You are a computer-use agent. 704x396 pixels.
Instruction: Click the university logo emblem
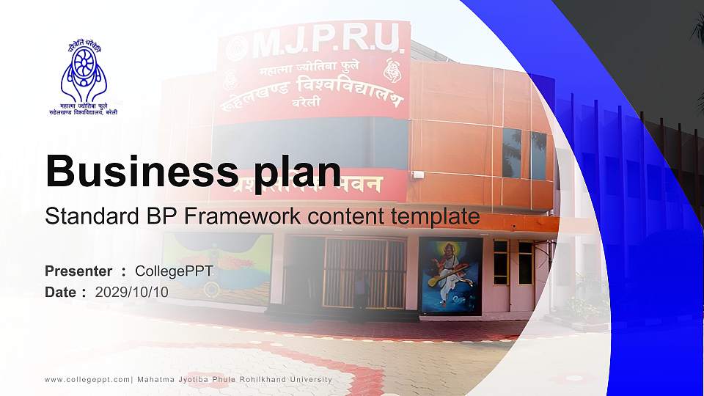[83, 70]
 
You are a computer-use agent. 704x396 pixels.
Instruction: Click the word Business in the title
[139, 172]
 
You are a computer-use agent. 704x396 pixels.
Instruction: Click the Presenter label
[78, 271]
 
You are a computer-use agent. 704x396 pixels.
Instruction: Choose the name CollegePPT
[174, 271]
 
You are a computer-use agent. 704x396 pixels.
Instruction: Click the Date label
[61, 292]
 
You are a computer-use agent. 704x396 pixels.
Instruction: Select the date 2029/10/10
[132, 292]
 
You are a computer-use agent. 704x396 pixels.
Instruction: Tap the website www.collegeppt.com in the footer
[87, 379]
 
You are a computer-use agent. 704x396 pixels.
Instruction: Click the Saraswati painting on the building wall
[450, 276]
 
